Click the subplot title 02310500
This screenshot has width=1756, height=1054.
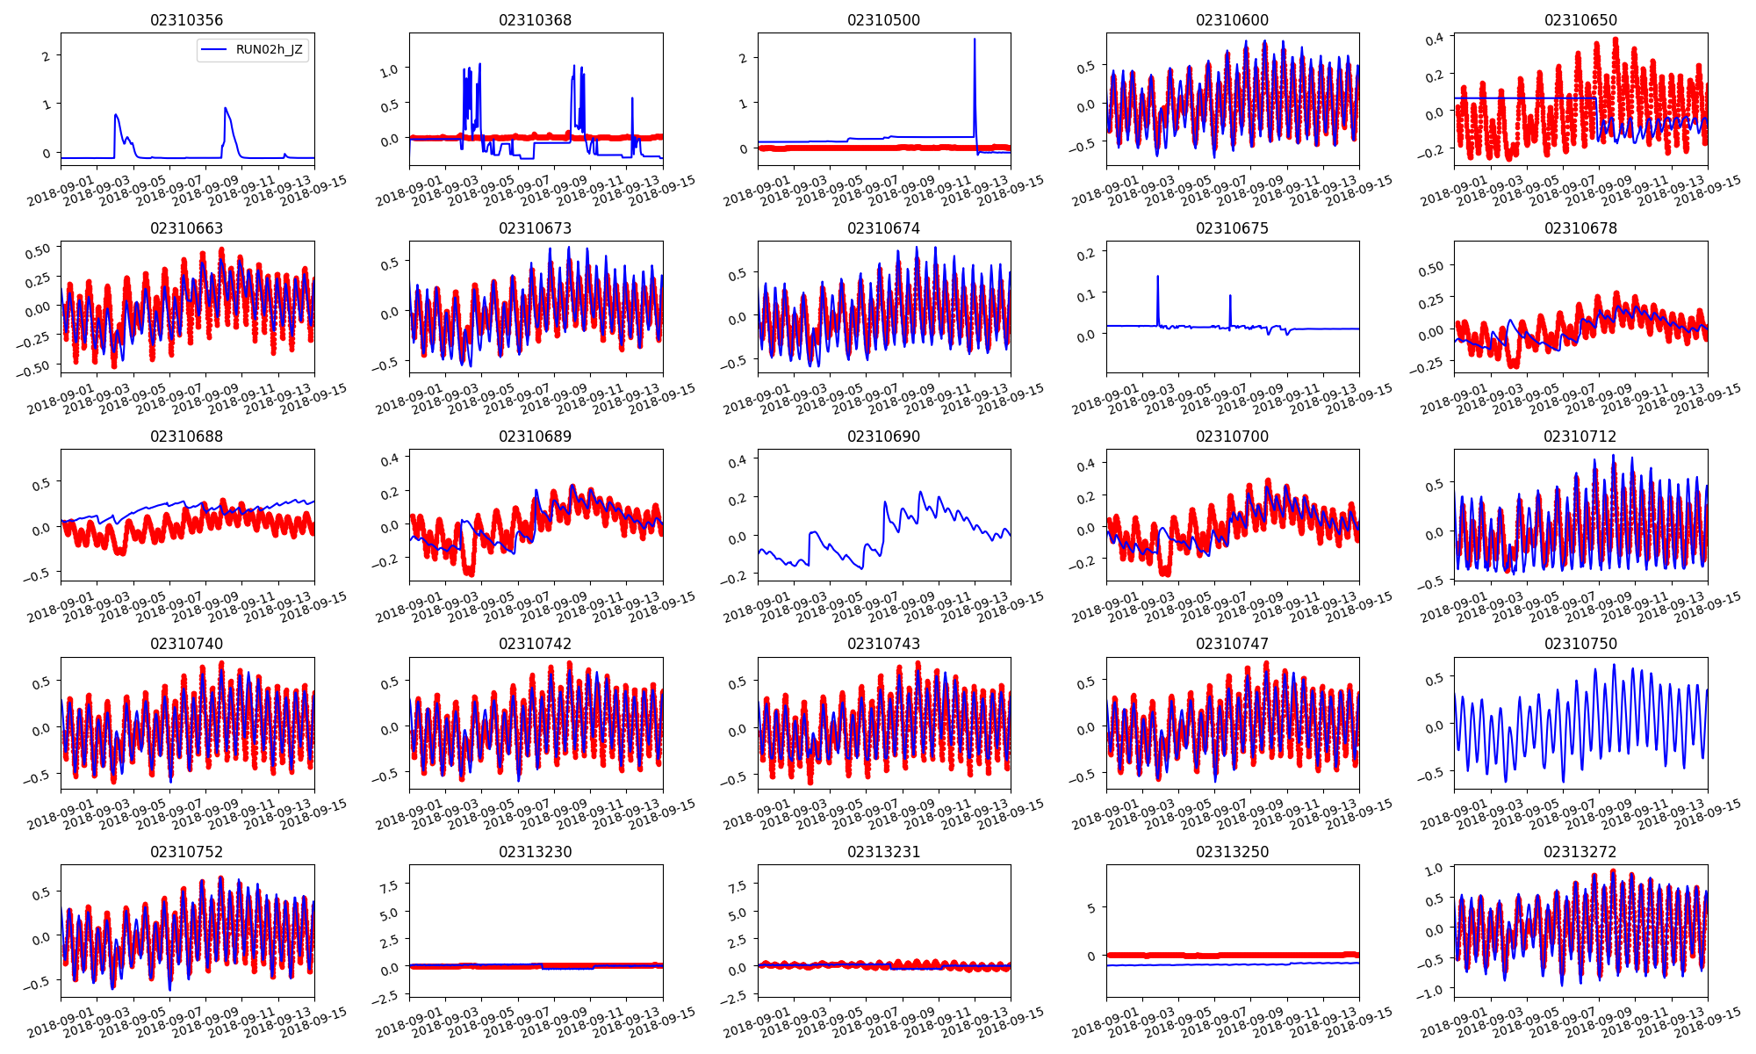[883, 20]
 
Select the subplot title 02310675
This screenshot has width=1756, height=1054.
[1232, 228]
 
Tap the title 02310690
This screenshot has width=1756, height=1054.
[883, 437]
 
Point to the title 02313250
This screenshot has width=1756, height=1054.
[1232, 852]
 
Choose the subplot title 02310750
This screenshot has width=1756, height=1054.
[1580, 644]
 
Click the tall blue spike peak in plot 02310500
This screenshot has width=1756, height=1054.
[974, 40]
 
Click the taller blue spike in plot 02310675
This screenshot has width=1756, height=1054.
[1157, 277]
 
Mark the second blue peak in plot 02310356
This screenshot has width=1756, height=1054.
[226, 108]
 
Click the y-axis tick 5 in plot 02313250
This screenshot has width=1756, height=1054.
[1091, 908]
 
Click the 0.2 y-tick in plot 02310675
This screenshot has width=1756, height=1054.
[1085, 254]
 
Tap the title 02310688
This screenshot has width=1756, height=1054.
[186, 437]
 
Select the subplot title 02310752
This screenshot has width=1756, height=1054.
[186, 852]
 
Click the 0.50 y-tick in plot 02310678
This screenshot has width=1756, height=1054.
[1431, 267]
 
